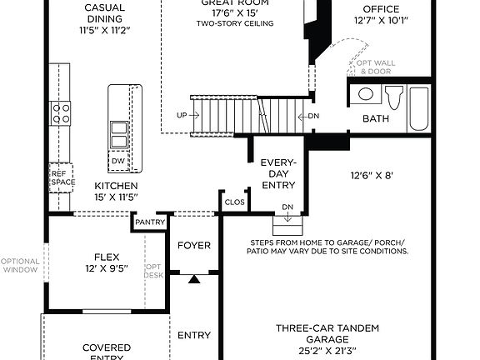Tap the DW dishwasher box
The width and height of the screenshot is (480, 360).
[x=118, y=161]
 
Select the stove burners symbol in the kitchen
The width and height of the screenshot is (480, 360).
[x=62, y=112]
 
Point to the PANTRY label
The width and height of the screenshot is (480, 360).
[x=151, y=222]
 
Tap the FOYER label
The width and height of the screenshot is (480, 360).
[x=194, y=245]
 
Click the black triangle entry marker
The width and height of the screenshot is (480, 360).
[x=194, y=279]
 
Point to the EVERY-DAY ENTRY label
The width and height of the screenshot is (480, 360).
[x=278, y=173]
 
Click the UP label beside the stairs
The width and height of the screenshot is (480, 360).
[x=182, y=115]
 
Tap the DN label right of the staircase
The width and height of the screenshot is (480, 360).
[x=313, y=116]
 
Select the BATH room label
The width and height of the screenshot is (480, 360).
[x=375, y=119]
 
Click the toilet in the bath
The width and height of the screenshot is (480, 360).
[x=392, y=96]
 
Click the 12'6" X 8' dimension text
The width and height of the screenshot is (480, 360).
[x=371, y=175]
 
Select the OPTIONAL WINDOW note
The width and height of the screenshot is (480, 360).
[x=20, y=265]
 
